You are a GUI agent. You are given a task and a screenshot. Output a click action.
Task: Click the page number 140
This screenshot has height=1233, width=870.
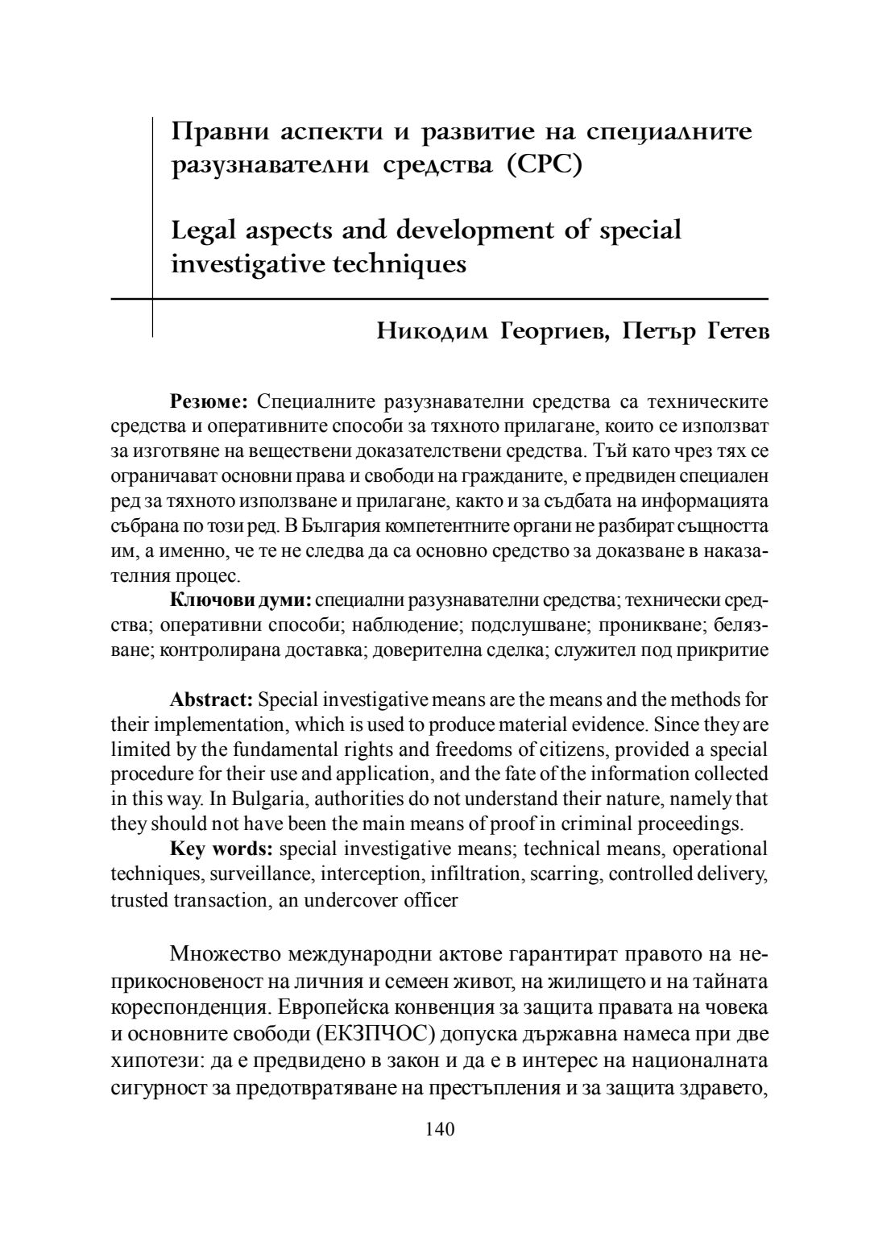pyautogui.click(x=440, y=1129)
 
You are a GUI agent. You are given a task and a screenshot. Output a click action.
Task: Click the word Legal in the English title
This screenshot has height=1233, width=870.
pyautogui.click(x=201, y=231)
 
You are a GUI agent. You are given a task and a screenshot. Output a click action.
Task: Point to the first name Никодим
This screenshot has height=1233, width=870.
pyautogui.click(x=427, y=333)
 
